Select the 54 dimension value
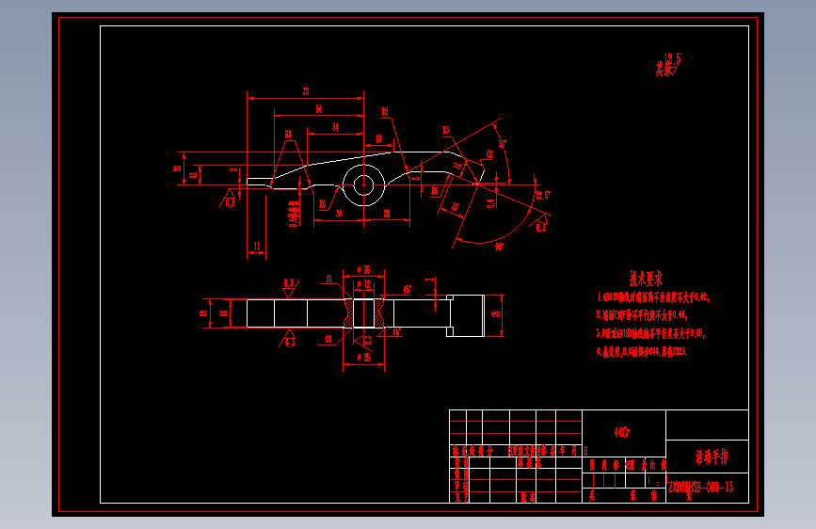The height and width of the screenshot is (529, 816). point(319,109)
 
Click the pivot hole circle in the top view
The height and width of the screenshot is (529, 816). point(362,184)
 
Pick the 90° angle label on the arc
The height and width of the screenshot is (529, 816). point(499,247)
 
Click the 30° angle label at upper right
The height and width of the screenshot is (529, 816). point(503,144)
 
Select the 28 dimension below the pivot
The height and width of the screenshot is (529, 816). point(387,214)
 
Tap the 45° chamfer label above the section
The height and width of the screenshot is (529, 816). point(406,288)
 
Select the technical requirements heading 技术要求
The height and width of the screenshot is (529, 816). point(646,279)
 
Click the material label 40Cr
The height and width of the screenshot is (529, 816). point(622,433)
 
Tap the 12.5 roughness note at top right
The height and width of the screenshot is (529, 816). point(670,62)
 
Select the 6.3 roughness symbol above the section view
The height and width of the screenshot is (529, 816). point(288,281)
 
